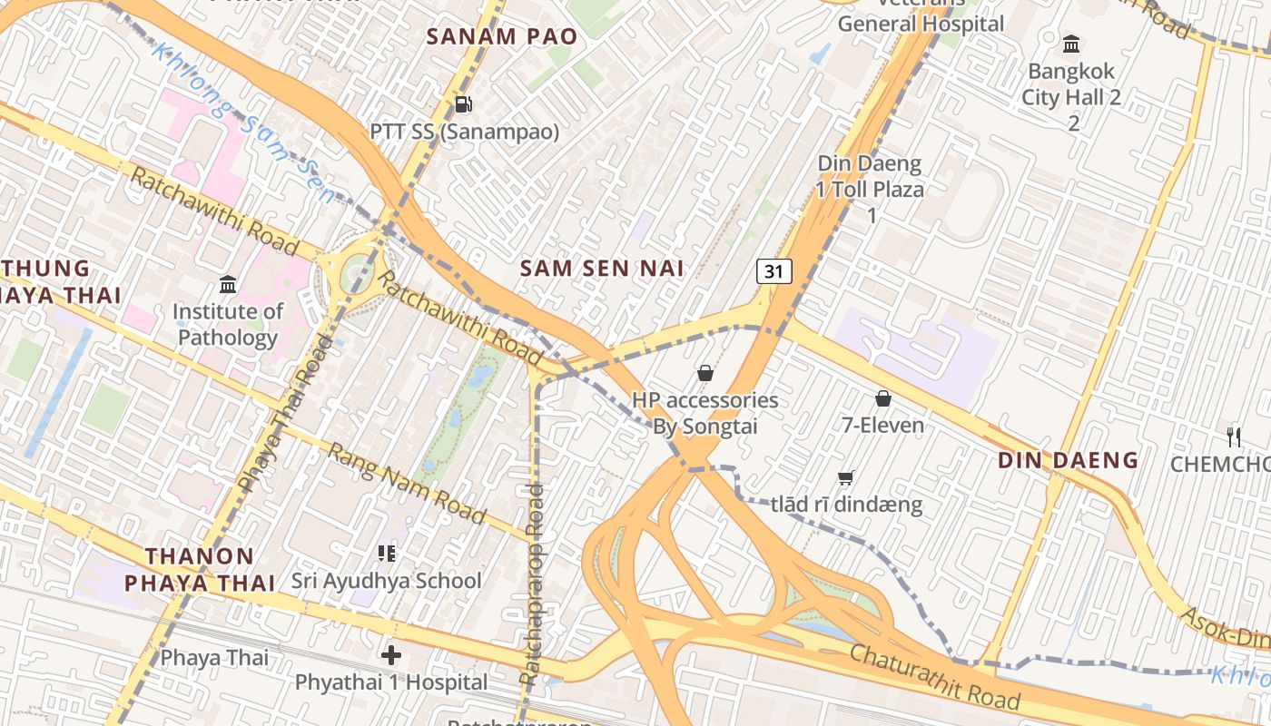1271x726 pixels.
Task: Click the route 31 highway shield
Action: pyautogui.click(x=773, y=271)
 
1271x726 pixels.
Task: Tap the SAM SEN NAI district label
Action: pyautogui.click(x=602, y=268)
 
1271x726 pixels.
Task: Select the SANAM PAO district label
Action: pyautogui.click(x=501, y=37)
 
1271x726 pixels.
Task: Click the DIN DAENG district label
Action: pyautogui.click(x=1068, y=460)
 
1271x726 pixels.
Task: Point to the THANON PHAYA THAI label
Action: pyautogui.click(x=200, y=569)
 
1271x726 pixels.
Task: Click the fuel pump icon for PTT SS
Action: pyautogui.click(x=463, y=104)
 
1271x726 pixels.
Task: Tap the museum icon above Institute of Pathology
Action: pyautogui.click(x=228, y=285)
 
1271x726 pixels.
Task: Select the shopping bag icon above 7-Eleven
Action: pyautogui.click(x=882, y=398)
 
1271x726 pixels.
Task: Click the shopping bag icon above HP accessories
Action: pyautogui.click(x=704, y=373)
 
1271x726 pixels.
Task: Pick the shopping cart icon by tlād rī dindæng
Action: pyautogui.click(x=845, y=477)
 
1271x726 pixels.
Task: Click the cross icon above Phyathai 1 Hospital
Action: pyautogui.click(x=391, y=654)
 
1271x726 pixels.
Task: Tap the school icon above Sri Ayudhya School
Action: pyautogui.click(x=387, y=553)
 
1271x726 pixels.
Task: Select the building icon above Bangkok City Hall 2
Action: pyautogui.click(x=1071, y=44)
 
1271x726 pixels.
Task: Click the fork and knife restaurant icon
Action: pyautogui.click(x=1233, y=437)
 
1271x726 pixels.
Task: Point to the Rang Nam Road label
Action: pyautogui.click(x=407, y=482)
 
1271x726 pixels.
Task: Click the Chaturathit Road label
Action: pyautogui.click(x=934, y=678)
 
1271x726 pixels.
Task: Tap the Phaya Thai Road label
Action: pyautogui.click(x=285, y=414)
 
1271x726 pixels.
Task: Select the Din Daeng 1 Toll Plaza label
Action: pyautogui.click(x=870, y=189)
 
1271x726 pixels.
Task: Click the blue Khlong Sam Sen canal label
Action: pyautogui.click(x=243, y=122)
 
